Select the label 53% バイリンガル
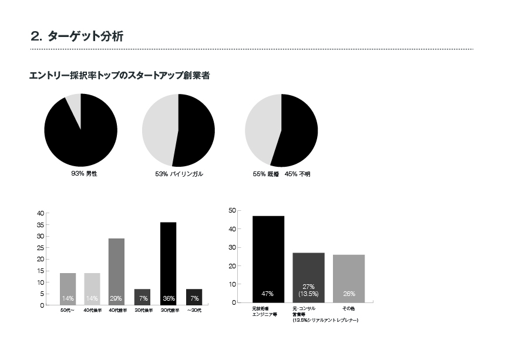click(x=179, y=174)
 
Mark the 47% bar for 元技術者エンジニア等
click(x=268, y=258)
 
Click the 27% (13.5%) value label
click(x=309, y=290)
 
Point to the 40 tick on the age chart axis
click(x=40, y=213)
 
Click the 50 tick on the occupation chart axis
click(x=232, y=210)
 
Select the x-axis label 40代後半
click(x=92, y=310)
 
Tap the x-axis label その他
click(x=349, y=308)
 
